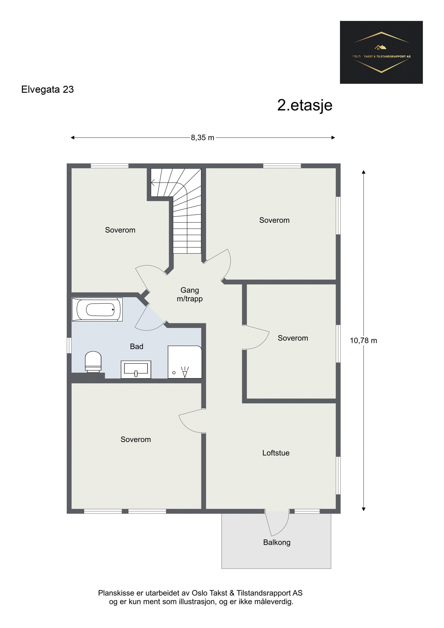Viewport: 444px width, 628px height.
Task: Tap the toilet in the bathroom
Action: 93,362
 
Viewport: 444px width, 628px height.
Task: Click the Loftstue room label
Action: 276,453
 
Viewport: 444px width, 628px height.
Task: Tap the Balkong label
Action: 276,542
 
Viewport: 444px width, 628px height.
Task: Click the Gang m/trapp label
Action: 190,294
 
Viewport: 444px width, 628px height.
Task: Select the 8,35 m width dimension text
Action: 202,138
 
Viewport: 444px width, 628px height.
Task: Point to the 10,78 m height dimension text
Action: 363,341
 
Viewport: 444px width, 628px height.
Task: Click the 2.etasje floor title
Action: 304,105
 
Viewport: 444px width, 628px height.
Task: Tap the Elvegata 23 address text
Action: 47,90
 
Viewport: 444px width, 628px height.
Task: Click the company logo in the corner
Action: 381,52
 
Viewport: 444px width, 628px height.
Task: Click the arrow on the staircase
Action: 153,183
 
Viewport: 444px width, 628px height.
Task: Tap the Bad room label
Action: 137,346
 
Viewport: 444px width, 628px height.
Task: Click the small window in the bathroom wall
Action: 69,345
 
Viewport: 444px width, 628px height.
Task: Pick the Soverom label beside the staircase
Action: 120,230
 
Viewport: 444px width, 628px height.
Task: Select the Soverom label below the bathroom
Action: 135,439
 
